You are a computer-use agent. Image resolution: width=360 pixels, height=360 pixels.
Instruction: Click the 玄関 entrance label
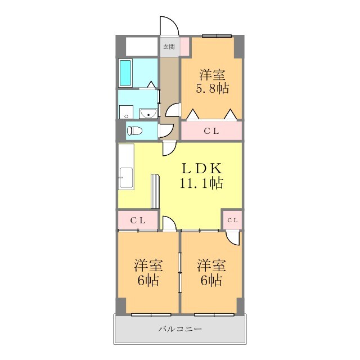click(x=169, y=47)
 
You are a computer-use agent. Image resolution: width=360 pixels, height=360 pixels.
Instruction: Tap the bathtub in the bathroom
click(x=125, y=73)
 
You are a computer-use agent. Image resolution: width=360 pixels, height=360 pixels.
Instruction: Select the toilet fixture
click(x=134, y=131)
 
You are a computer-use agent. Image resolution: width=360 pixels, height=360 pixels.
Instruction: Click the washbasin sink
click(x=148, y=114)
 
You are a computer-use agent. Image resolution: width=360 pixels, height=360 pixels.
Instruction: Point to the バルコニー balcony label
click(x=180, y=329)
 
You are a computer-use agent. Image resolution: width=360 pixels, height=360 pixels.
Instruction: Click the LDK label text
click(x=201, y=168)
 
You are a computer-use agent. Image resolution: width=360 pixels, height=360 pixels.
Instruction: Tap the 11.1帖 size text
click(x=201, y=183)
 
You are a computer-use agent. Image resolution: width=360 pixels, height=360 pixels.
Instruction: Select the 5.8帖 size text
click(x=212, y=88)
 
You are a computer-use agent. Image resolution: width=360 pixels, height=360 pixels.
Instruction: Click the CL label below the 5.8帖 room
click(x=211, y=131)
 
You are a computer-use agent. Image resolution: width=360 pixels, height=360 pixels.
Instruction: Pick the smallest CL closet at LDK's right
click(x=232, y=220)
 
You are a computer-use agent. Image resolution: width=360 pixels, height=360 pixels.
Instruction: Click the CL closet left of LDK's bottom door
click(x=138, y=220)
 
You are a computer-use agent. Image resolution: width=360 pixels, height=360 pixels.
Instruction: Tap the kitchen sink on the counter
click(x=126, y=178)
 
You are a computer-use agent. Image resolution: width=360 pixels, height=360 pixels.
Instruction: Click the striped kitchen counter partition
click(x=155, y=191)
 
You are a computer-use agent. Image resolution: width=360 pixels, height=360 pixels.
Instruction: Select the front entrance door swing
click(x=169, y=26)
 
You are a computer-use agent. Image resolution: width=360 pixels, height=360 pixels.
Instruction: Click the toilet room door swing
click(x=166, y=131)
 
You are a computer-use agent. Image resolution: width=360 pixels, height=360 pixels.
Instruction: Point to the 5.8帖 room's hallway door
click(x=173, y=110)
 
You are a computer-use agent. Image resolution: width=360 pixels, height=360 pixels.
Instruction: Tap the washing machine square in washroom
click(x=126, y=112)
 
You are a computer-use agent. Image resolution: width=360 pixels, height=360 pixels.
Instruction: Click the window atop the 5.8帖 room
click(x=217, y=36)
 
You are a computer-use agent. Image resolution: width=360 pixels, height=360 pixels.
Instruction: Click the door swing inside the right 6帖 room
click(x=233, y=238)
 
